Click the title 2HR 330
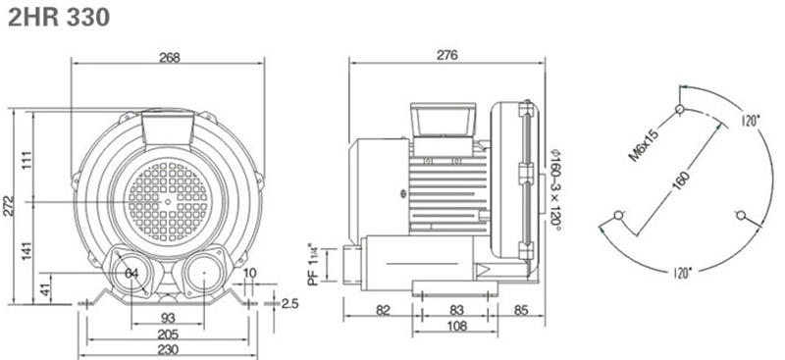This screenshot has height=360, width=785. tap(59, 18)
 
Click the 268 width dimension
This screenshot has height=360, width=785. tap(169, 57)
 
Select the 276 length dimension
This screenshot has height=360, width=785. tap(447, 55)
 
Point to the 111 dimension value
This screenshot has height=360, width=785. tap(27, 160)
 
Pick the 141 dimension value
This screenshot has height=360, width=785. tap(27, 251)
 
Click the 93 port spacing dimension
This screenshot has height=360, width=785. tap(168, 318)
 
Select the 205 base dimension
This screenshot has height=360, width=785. tap(168, 334)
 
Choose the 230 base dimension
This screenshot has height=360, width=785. tap(168, 349)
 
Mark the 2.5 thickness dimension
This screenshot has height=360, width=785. tap(289, 303)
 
